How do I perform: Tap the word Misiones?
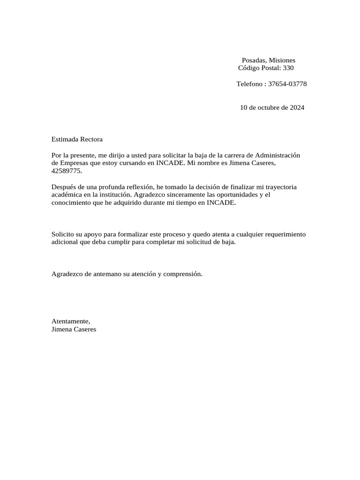(282, 60)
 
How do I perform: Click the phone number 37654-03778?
(287, 84)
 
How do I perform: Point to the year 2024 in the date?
(297, 107)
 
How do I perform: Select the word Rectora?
(91, 139)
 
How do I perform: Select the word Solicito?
(63, 234)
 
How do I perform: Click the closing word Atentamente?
(70, 321)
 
